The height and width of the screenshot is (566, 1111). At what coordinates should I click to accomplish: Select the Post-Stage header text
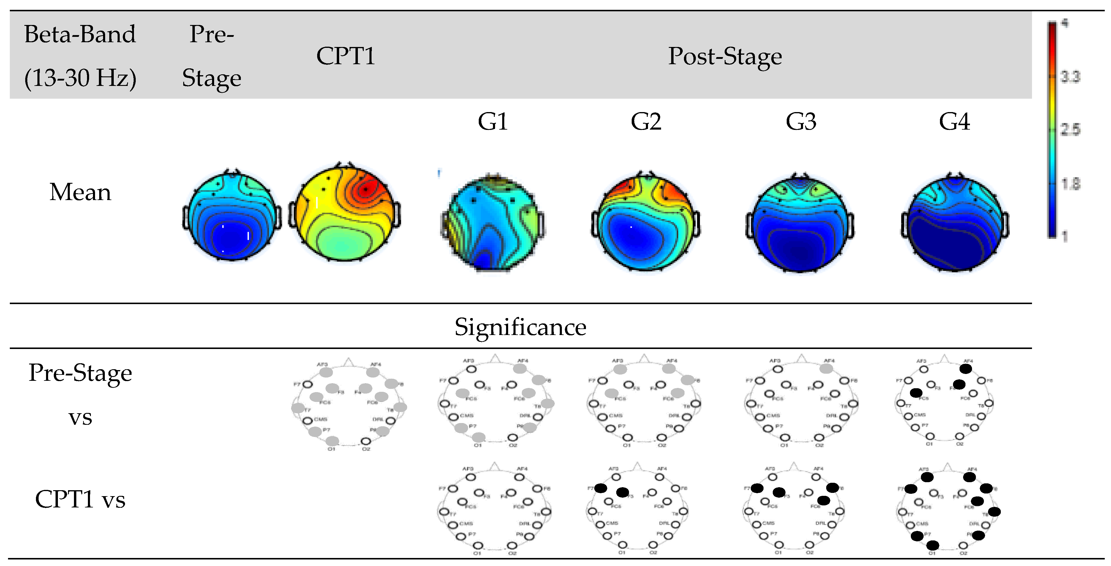click(x=725, y=56)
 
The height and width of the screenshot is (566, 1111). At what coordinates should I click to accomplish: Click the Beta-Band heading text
click(x=80, y=34)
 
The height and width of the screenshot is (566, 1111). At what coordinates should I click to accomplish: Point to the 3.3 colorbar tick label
click(x=1070, y=77)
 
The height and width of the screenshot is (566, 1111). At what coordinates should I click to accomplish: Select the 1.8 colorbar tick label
click(x=1070, y=184)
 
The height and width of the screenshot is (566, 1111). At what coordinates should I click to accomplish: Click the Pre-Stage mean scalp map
click(x=232, y=216)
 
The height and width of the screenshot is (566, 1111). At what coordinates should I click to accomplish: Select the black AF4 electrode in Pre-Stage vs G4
click(x=966, y=369)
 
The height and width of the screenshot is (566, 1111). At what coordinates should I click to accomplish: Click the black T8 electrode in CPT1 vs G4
click(x=994, y=512)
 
